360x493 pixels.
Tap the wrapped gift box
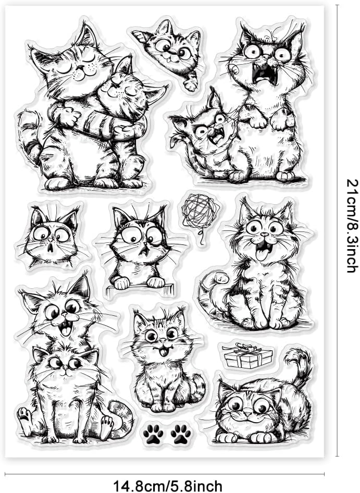pos(248,356)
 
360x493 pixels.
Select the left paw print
pos(153,434)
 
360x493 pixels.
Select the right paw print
pos(181,434)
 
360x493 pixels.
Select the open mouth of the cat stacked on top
pos(66,329)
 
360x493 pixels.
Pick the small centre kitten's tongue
pos(163,352)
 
